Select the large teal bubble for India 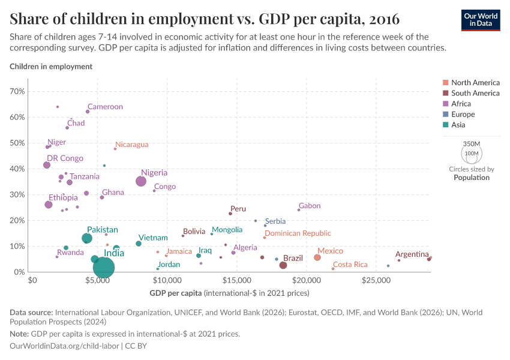[104, 268]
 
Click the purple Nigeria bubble [141, 181]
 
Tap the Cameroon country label [105, 107]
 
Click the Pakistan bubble [87, 238]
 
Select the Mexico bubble [317, 257]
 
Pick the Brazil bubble [283, 265]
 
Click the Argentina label [412, 254]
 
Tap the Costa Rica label [350, 265]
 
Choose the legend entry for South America [475, 93]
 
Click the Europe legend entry [463, 115]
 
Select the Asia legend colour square [445, 125]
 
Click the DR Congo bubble [47, 165]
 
